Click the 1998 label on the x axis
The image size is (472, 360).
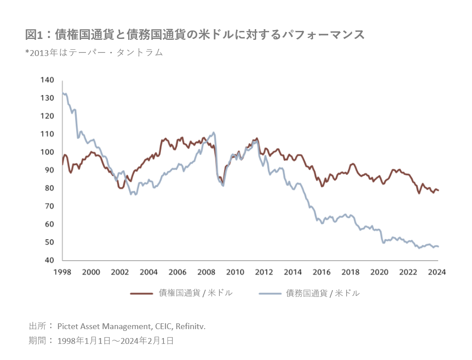[62, 272]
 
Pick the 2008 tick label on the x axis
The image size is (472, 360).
[206, 272]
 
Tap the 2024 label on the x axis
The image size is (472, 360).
[438, 272]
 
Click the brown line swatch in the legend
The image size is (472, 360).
[142, 294]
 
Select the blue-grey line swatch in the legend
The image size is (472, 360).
[270, 294]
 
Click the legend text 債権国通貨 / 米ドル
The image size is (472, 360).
[196, 293]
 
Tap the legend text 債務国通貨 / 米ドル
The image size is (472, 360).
[323, 293]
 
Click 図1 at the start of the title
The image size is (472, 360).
[34, 34]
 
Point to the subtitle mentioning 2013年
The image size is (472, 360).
[94, 52]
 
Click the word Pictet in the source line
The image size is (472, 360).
[68, 326]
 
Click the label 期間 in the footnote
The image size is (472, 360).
[38, 341]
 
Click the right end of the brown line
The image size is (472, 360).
[438, 190]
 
